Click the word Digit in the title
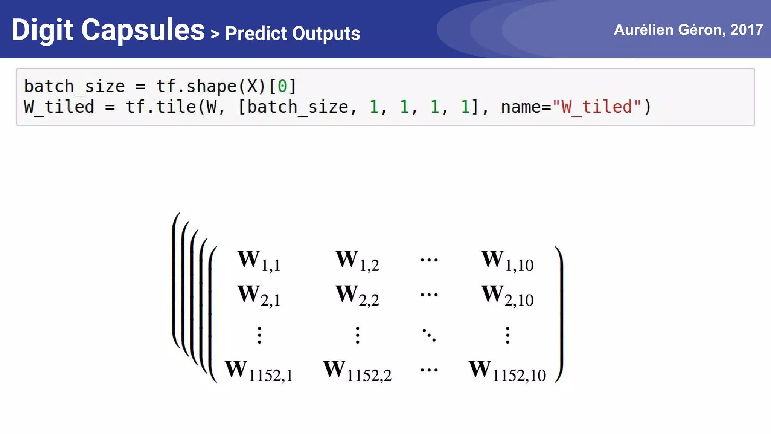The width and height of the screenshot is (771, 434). (42, 30)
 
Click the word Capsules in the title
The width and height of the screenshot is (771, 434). (143, 30)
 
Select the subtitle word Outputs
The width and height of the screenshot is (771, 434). (326, 33)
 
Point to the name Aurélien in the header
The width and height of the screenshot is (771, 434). (643, 29)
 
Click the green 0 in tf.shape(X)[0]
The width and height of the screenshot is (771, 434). (282, 86)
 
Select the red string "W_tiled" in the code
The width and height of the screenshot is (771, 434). (596, 107)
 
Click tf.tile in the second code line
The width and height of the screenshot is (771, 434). (161, 107)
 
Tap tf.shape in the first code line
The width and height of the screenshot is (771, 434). (196, 86)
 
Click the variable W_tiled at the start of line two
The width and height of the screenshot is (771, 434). (59, 107)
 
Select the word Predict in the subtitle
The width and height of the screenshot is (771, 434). (256, 33)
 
